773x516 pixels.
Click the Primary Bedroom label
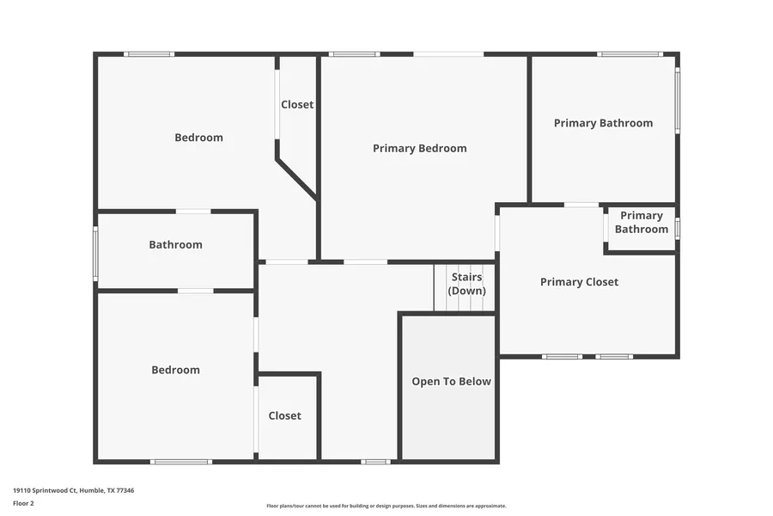coord(419,148)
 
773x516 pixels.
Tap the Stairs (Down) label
coord(467,284)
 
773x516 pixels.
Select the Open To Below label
coord(451,381)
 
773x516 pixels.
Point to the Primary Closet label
coord(579,282)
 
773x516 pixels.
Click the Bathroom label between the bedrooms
coord(175,244)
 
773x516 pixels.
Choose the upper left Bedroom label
coord(198,138)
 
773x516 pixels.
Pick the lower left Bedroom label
coord(175,370)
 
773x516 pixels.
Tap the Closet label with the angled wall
coord(297,104)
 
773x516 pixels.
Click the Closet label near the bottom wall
coord(285,415)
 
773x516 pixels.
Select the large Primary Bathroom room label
coord(604,123)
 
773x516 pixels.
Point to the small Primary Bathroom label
coord(642,222)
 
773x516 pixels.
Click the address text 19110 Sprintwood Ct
coord(45,490)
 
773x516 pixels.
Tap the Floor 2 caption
coord(23,503)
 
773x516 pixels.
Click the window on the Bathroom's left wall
coord(95,254)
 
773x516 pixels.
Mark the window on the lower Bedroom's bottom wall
coord(181,462)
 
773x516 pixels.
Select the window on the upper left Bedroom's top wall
coord(149,54)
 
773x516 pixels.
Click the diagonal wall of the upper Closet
coord(297,179)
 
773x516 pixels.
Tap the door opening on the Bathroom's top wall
coord(193,212)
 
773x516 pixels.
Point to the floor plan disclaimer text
coord(386,506)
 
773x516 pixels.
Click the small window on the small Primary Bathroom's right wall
coord(678,229)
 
